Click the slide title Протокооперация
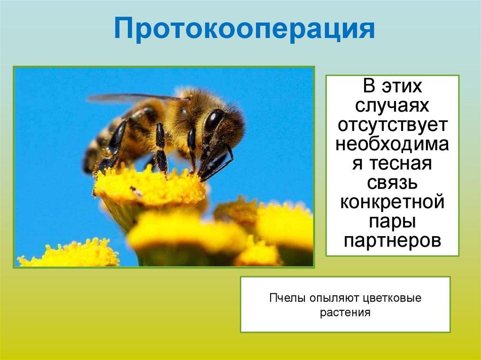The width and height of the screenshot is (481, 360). click(244, 29)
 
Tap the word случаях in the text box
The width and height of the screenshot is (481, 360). click(392, 106)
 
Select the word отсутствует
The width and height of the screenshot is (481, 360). click(392, 125)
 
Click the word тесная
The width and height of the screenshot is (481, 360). click(400, 163)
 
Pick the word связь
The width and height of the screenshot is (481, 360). click(392, 182)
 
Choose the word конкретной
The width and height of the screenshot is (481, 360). click(392, 202)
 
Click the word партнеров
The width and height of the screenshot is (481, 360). click(392, 240)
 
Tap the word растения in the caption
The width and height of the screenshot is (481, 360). click(345, 313)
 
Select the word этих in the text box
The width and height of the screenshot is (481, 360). click(402, 86)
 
